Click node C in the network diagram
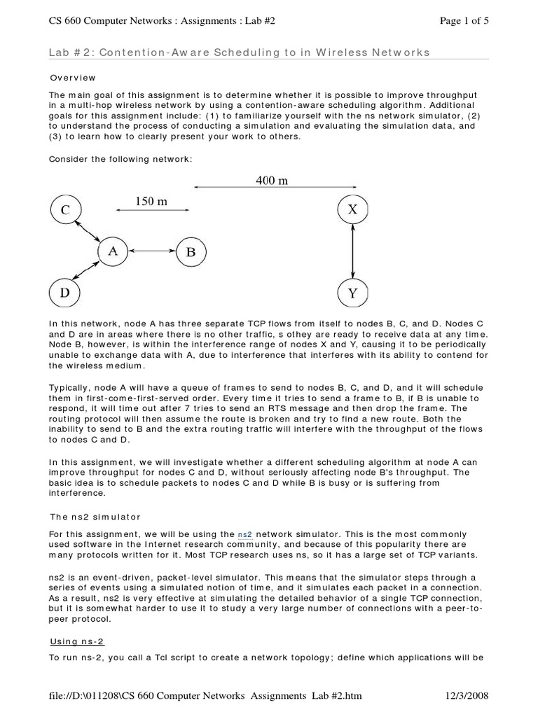tap(65, 209)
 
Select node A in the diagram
tap(112, 251)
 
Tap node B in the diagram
tap(190, 252)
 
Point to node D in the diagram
tap(65, 293)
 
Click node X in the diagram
tap(352, 209)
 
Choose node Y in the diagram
tap(352, 293)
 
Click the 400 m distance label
tap(272, 181)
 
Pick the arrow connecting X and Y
tap(352, 251)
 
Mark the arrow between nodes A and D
tap(90, 272)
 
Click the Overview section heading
tap(72, 78)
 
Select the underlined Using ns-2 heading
tap(77, 641)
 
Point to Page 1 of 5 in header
tap(464, 21)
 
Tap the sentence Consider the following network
tap(120, 159)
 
